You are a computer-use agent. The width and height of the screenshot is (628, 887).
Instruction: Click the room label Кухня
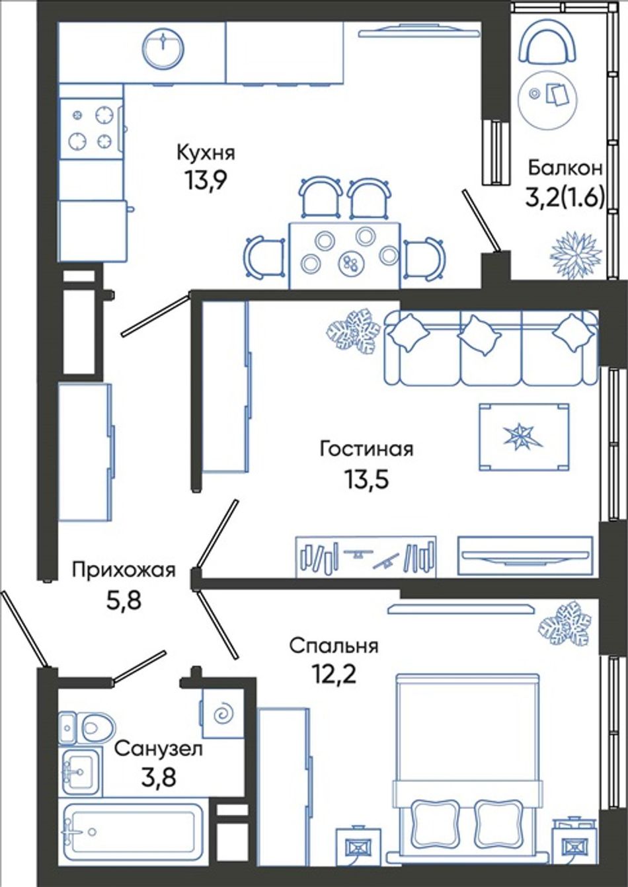tap(206, 153)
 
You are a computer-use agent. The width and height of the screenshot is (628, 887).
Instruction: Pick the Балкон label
tap(565, 169)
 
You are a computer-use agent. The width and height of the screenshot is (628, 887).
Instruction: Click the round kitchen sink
tap(163, 48)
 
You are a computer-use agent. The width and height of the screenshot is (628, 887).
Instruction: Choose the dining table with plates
tap(344, 255)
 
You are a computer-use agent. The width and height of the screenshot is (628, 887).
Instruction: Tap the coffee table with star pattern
tap(524, 437)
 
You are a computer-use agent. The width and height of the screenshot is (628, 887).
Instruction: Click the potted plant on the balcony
tap(577, 252)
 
